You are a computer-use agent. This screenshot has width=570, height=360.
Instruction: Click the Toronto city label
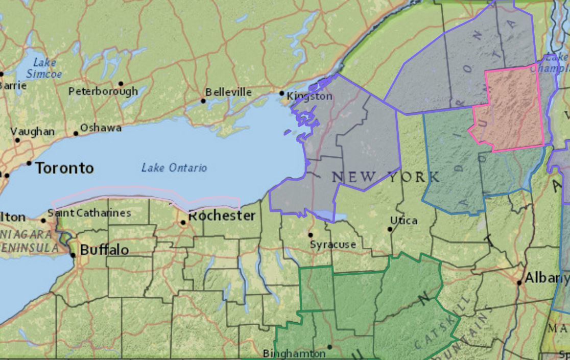click(64, 168)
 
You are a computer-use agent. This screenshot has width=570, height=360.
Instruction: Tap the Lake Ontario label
click(174, 167)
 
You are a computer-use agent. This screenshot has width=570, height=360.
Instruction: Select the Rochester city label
click(222, 216)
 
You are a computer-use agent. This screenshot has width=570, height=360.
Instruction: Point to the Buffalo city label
click(104, 250)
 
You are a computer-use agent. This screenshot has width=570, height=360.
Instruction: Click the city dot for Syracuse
click(310, 235)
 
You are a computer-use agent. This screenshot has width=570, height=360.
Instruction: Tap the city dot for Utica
click(390, 229)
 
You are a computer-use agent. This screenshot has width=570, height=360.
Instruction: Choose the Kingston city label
click(310, 96)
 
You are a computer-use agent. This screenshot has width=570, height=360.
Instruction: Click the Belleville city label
click(228, 92)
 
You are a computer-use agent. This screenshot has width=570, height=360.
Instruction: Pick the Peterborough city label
click(103, 91)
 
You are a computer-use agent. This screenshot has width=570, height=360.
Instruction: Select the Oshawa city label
click(101, 128)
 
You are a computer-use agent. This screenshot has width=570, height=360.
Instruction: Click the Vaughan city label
click(33, 132)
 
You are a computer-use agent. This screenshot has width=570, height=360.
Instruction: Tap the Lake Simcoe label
click(44, 68)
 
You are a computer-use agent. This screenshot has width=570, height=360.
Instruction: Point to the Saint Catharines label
click(89, 213)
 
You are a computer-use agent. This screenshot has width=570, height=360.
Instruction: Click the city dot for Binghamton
click(329, 347)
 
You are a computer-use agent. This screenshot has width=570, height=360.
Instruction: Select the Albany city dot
click(519, 282)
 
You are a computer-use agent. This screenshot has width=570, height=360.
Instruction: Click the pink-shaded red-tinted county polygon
click(511, 110)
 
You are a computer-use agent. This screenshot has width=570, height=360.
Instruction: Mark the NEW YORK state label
click(386, 178)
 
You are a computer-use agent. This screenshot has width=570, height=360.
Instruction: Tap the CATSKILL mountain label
click(440, 324)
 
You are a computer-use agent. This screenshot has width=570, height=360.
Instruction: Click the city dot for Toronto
click(29, 163)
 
